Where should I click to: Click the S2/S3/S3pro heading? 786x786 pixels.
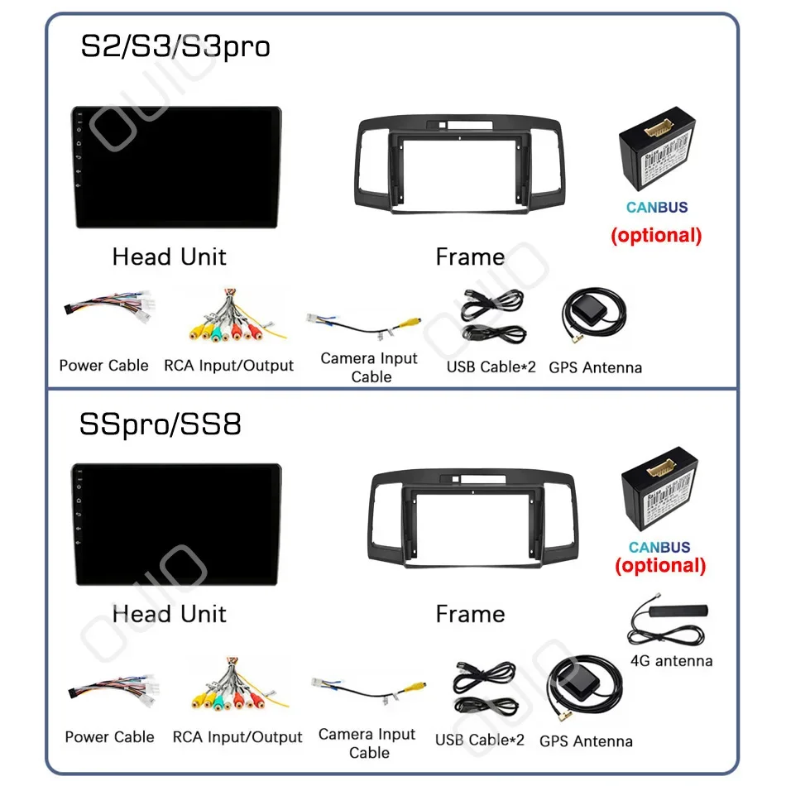[x=175, y=46]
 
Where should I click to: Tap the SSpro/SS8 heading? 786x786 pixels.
[x=161, y=424]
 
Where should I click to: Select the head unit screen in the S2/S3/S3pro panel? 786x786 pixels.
[x=175, y=169]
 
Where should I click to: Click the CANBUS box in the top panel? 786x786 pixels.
[x=657, y=156]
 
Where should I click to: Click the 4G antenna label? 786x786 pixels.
[x=671, y=661]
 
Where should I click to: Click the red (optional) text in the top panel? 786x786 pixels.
[x=656, y=235]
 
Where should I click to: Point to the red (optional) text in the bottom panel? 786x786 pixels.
[x=660, y=566]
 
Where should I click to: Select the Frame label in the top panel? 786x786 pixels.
[x=470, y=257]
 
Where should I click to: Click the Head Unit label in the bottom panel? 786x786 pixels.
[x=170, y=614]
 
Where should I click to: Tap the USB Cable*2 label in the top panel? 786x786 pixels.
[x=491, y=367]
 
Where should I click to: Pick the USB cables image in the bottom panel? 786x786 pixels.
[x=484, y=689]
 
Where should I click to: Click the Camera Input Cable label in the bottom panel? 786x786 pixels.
[x=367, y=743]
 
